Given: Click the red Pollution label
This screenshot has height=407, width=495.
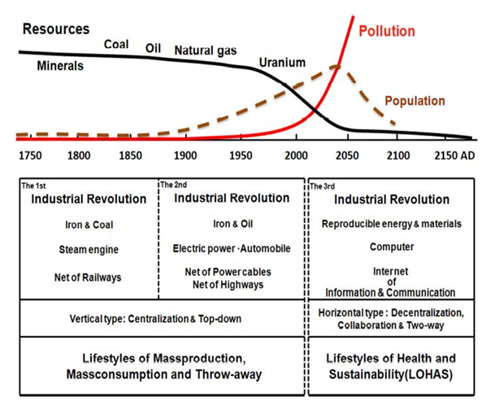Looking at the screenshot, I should pyautogui.click(x=388, y=31).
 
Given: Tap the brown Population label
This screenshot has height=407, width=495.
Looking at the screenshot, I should pyautogui.click(x=415, y=102).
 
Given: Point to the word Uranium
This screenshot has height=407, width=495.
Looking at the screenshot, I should pyautogui.click(x=283, y=62).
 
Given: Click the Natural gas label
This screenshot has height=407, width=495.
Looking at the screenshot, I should pyautogui.click(x=206, y=50).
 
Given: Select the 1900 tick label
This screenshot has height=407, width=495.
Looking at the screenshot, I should pyautogui.click(x=185, y=155).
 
